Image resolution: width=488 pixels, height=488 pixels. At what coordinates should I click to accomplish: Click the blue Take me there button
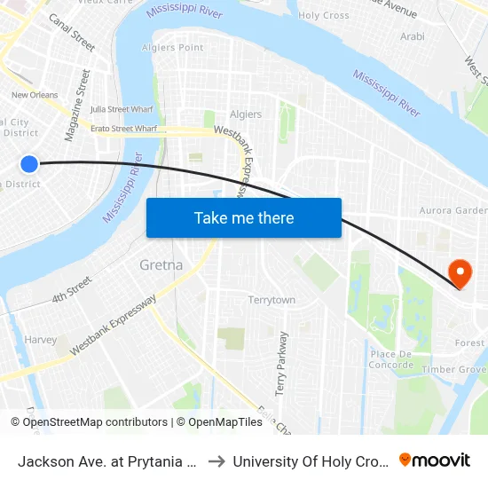pyautogui.click(x=244, y=217)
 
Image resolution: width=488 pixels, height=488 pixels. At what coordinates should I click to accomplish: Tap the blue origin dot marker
pyautogui.click(x=29, y=163)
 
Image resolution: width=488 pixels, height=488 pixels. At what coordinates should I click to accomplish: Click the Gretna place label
pyautogui.click(x=161, y=264)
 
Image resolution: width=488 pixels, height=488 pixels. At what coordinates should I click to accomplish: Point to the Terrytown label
pyautogui.click(x=272, y=300)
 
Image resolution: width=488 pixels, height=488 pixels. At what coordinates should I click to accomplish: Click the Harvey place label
pyautogui.click(x=41, y=340)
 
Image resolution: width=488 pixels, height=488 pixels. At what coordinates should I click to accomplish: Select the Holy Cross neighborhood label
pyautogui.click(x=324, y=15)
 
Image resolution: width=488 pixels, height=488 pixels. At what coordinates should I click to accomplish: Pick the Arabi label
pyautogui.click(x=413, y=36)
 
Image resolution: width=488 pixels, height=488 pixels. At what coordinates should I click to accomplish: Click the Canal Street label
pyautogui.click(x=72, y=31)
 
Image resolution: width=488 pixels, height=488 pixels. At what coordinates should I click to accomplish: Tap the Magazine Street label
pyautogui.click(x=77, y=106)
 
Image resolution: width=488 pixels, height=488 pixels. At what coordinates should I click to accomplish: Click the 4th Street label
pyautogui.click(x=72, y=290)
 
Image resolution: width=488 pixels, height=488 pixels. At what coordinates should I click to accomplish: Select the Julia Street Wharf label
pyautogui.click(x=123, y=110)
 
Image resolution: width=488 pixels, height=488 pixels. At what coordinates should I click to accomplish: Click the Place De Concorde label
pyautogui.click(x=391, y=359)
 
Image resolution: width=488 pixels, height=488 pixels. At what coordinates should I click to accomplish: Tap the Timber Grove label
pyautogui.click(x=454, y=369)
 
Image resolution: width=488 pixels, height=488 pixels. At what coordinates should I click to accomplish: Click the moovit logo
pyautogui.click(x=435, y=460)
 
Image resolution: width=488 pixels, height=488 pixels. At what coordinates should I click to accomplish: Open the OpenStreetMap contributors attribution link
pyautogui.click(x=94, y=422)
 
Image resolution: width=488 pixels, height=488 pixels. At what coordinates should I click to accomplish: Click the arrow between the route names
pyautogui.click(x=216, y=460)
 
